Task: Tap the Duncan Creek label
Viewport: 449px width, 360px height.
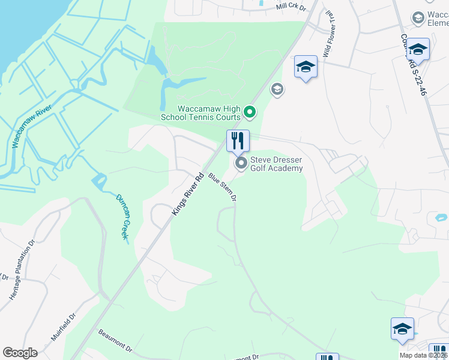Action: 121,217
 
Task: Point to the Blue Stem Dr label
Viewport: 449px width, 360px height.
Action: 223,187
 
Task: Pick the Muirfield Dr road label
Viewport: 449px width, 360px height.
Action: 64,327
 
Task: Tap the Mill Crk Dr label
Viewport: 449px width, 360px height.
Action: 291,7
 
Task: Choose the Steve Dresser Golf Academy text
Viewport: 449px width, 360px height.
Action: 276,164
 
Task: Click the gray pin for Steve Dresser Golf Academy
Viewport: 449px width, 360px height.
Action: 241,163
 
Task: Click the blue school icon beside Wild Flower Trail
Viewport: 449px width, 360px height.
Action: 306,67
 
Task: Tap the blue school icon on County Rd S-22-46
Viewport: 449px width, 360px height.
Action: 418,49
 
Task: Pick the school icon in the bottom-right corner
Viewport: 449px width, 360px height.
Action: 402,329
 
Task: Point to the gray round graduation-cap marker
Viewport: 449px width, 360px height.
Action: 277,89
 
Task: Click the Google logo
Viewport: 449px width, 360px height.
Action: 20,353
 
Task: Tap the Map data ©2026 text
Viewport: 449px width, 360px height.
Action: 424,355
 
